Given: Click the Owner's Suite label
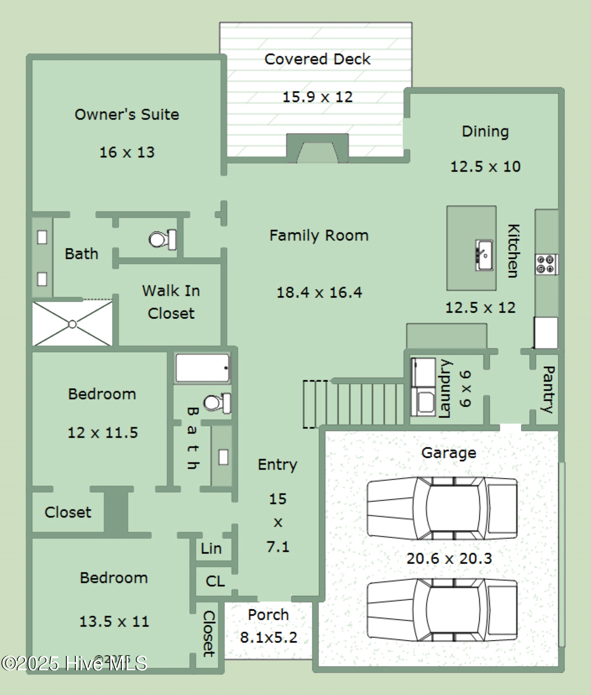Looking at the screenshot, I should click(127, 114).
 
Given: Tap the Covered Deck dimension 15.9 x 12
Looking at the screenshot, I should click(317, 97).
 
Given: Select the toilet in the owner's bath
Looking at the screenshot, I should click(162, 240).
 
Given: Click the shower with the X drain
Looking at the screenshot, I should click(72, 324).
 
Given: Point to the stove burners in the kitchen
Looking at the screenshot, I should click(546, 264).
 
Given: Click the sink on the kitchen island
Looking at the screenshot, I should click(484, 255).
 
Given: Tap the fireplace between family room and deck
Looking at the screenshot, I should click(317, 149).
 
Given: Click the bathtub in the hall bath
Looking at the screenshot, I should click(203, 368).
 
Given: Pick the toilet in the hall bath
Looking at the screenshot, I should click(217, 403).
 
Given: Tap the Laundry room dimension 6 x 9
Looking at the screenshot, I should click(465, 389).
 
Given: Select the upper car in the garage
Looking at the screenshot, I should click(442, 508).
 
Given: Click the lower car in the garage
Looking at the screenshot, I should click(442, 610).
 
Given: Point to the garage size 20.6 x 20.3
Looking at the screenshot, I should click(449, 558).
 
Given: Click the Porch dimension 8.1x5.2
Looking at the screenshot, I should click(269, 637).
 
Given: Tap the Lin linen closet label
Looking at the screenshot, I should click(211, 548).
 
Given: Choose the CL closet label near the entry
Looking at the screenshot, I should click(215, 581).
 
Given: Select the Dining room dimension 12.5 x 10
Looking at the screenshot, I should click(485, 167).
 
